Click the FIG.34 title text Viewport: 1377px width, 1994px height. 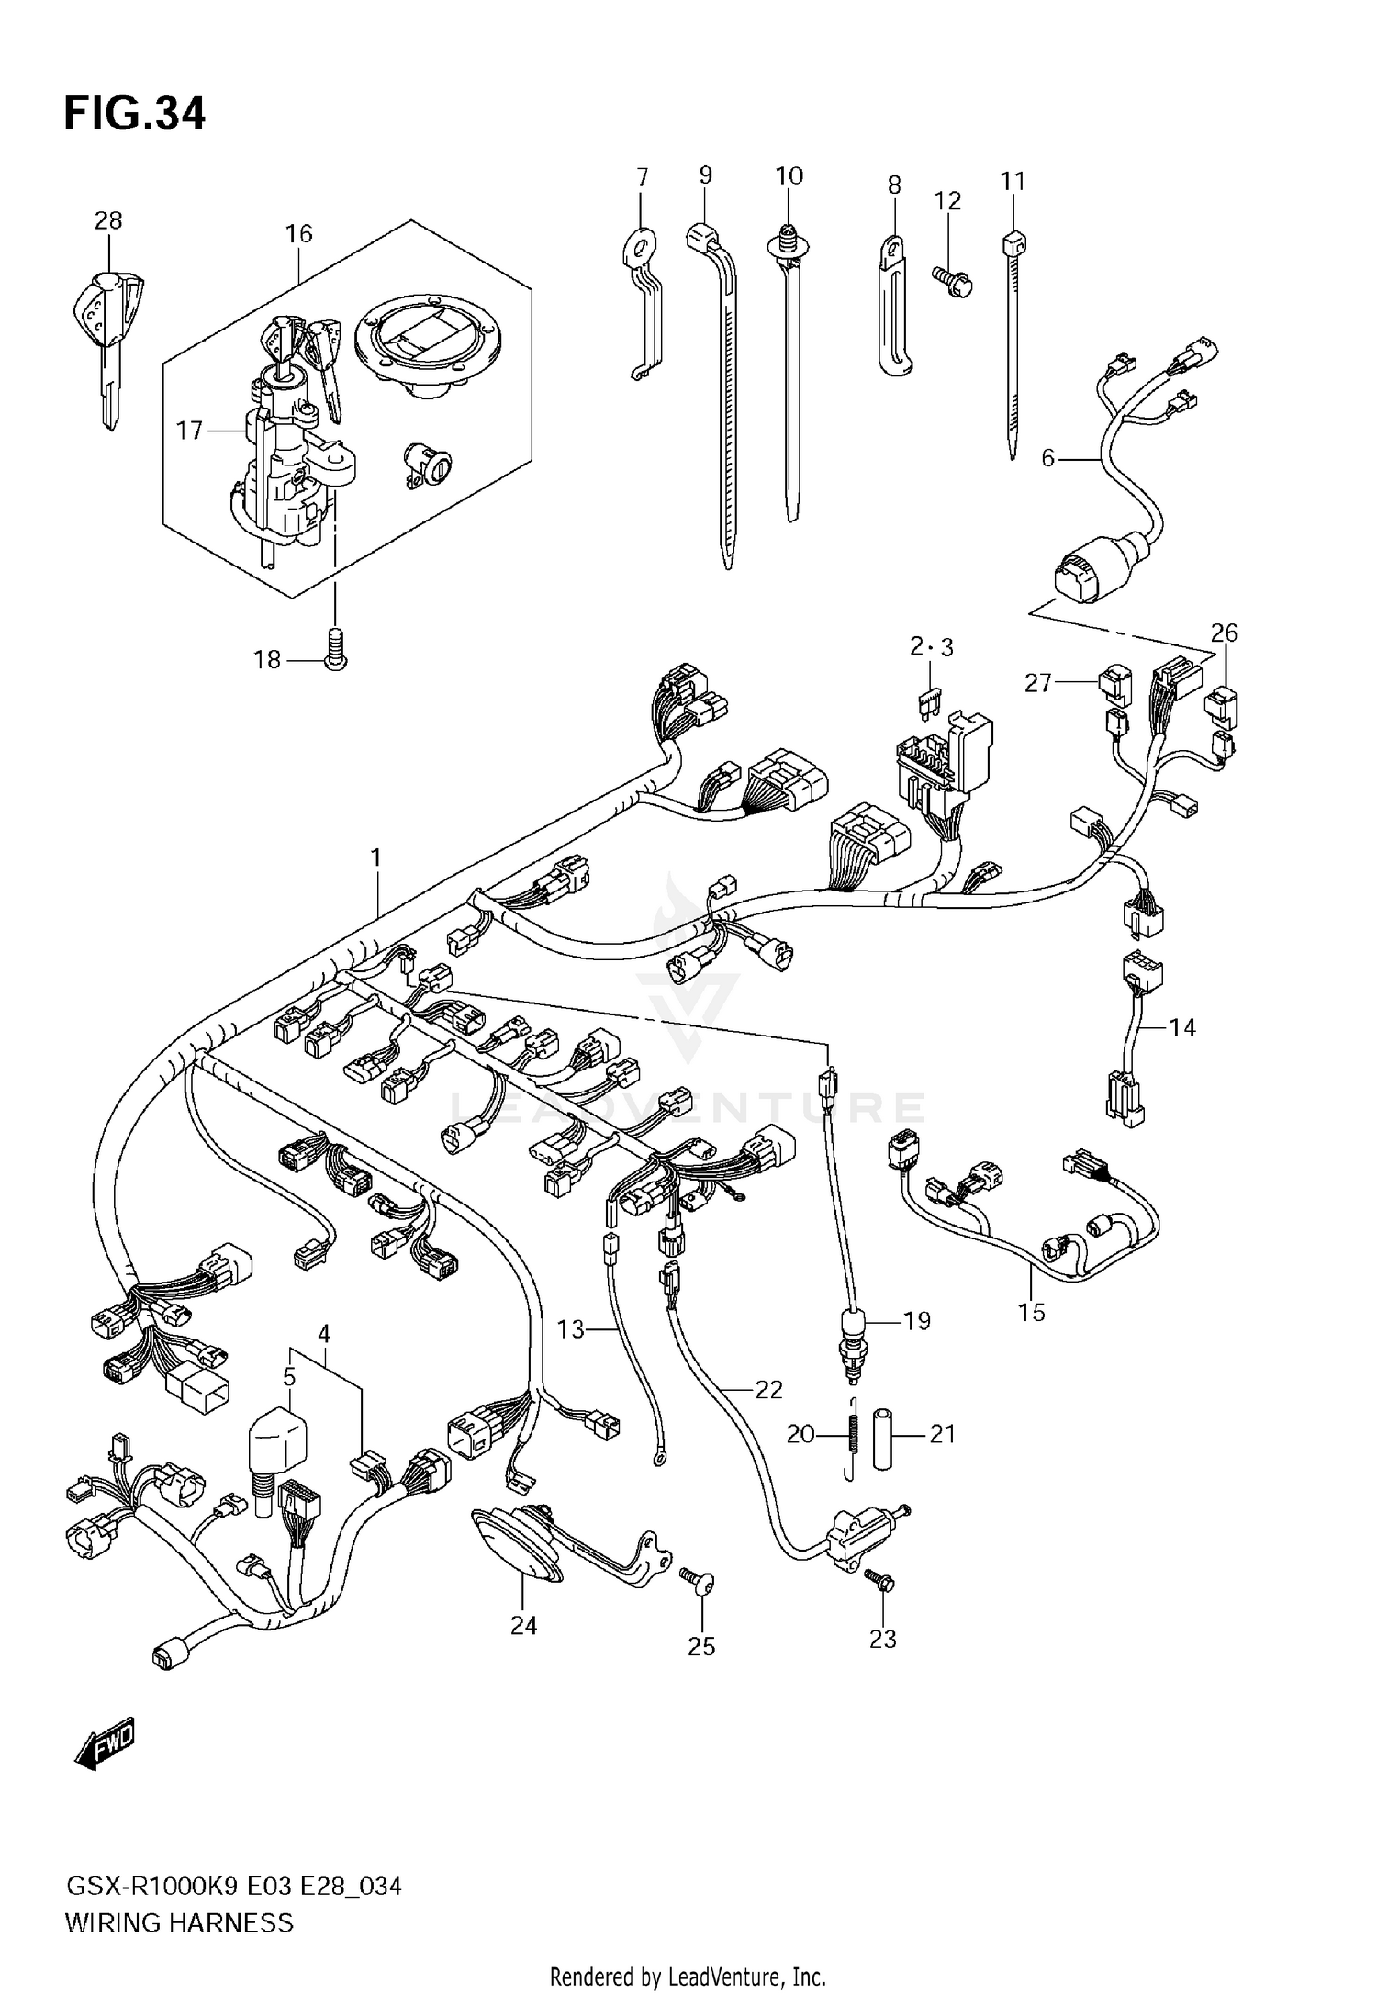click(x=135, y=114)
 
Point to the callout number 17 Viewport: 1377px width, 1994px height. click(x=189, y=430)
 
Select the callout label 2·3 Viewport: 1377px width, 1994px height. click(x=932, y=647)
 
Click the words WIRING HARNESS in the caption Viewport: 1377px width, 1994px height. click(x=179, y=1922)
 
